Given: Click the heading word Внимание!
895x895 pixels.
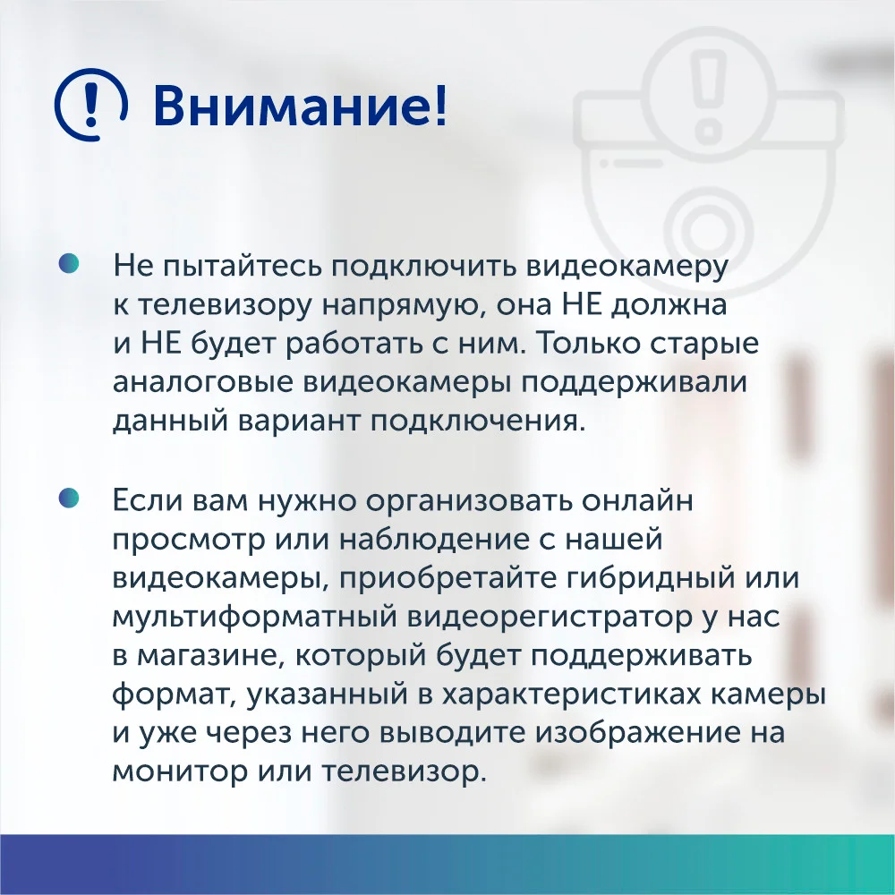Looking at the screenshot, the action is coord(300,106).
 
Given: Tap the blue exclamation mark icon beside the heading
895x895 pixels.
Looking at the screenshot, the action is coord(90,105).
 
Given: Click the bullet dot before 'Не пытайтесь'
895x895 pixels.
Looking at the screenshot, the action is coord(68,264).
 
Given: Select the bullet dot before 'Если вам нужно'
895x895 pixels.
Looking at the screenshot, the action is coord(68,498).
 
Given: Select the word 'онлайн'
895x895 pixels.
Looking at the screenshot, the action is coord(637,500).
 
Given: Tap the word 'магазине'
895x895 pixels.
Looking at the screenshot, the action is coord(210,656).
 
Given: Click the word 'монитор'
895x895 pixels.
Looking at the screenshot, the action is coord(179,773).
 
